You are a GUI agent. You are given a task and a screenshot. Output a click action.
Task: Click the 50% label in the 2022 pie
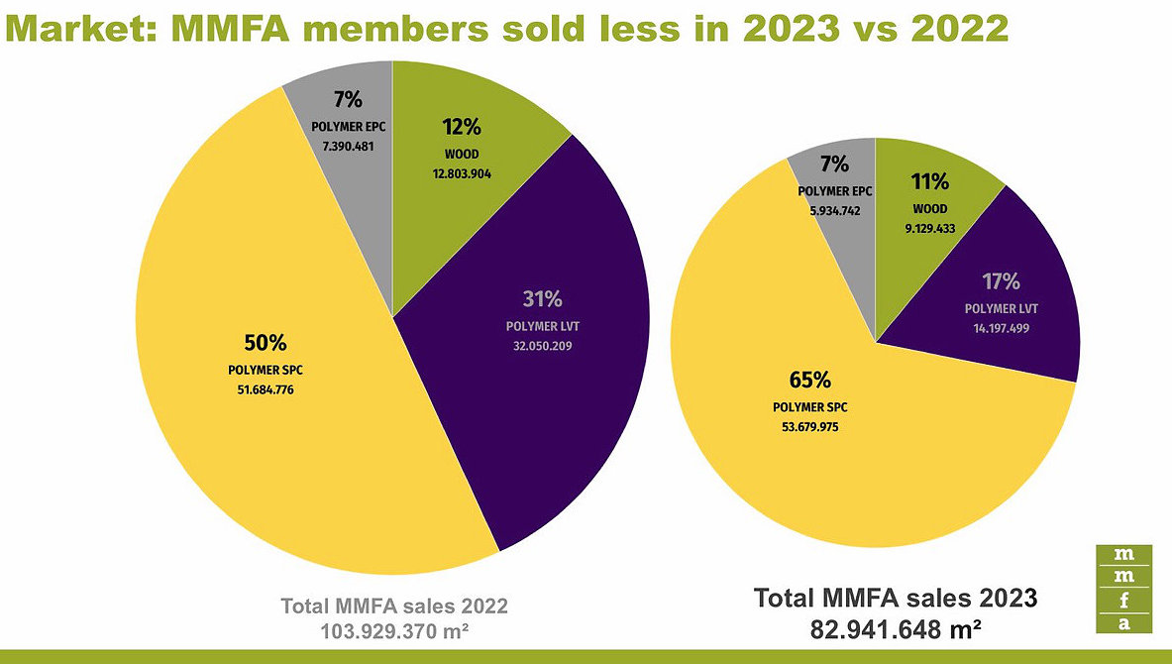[265, 343]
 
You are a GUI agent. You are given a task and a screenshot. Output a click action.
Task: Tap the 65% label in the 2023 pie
[809, 381]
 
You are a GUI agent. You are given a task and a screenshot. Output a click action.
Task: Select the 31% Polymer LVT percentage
[542, 299]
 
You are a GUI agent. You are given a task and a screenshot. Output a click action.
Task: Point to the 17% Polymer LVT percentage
[1002, 281]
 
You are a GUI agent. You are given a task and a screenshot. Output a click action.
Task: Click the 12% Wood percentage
[462, 127]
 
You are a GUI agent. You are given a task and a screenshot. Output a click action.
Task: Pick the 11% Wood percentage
[930, 181]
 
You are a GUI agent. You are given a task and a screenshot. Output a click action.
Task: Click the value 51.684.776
[265, 389]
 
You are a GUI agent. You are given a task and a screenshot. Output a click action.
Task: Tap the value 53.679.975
[809, 427]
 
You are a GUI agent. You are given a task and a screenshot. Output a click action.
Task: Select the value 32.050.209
[542, 346]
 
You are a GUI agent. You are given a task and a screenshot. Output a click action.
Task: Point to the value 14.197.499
[1002, 327]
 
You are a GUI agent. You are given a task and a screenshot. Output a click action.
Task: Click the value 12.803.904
[462, 173]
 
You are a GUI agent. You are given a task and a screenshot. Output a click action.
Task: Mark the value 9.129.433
[930, 226]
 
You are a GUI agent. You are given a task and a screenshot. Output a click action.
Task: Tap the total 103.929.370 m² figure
[393, 629]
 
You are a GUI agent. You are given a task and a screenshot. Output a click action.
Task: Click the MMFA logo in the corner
[1124, 588]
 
